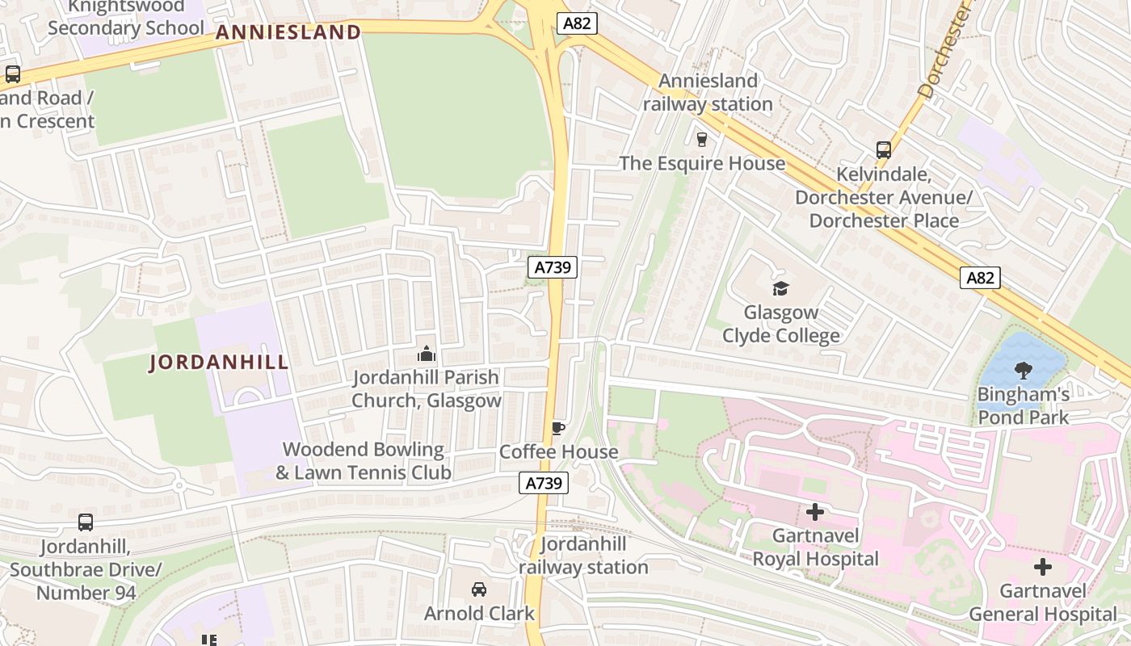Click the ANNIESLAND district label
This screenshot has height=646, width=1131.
[x=288, y=32]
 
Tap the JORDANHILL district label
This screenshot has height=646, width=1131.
[x=219, y=363]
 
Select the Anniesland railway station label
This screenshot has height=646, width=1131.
[x=708, y=93]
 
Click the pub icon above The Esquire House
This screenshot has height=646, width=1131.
[x=701, y=139]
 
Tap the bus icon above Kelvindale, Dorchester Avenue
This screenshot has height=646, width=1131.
[x=883, y=149]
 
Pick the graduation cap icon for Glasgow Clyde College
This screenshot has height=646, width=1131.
[x=780, y=288]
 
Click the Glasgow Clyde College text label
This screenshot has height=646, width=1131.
[x=780, y=324]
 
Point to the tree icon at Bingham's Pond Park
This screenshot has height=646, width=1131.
[x=1023, y=371]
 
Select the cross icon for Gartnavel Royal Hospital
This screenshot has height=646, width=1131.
[x=815, y=512]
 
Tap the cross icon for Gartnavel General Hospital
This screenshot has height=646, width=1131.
[x=1043, y=567]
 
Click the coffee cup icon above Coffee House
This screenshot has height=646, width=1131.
[x=557, y=428]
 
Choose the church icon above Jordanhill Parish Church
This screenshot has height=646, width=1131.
[x=427, y=354]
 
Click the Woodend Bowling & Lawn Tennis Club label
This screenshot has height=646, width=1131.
[x=364, y=461]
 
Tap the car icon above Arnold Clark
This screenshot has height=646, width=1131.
[x=479, y=589]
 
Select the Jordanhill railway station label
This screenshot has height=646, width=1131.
[x=583, y=556]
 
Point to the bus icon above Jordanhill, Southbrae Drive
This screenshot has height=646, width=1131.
[x=86, y=522]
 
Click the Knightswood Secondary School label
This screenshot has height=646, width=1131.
[x=126, y=18]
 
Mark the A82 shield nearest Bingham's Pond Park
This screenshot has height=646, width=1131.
[x=981, y=278]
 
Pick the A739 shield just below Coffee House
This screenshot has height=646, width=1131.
[x=544, y=484]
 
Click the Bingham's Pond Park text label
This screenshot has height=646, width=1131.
[x=1024, y=406]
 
